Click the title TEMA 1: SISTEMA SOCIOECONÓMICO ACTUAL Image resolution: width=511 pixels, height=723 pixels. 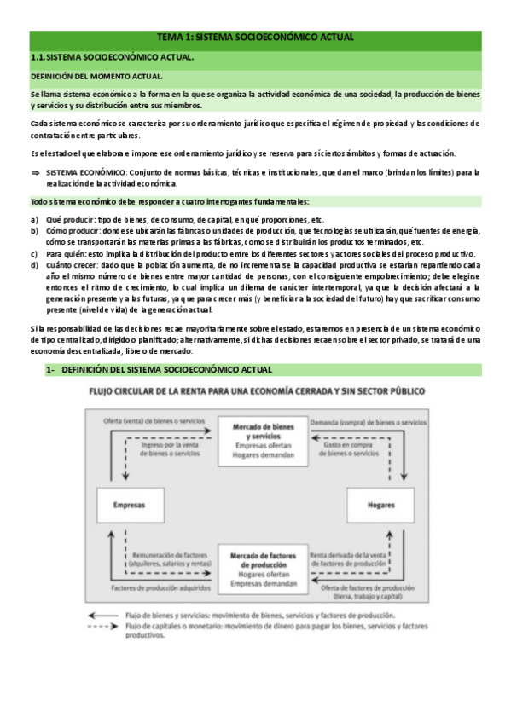point(255,38)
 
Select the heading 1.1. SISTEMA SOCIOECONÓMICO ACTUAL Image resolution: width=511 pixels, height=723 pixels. point(112,57)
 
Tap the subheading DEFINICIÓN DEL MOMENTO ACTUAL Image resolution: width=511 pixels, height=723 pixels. point(91,77)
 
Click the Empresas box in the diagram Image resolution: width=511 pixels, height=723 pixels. point(130,506)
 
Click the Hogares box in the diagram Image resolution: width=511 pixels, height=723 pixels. point(381,506)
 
